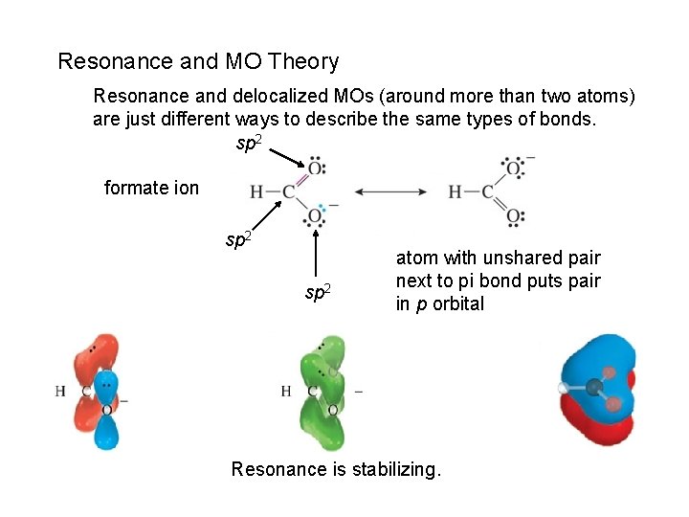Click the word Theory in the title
304,62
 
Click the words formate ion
151,188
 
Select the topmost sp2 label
249,145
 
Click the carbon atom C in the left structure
288,192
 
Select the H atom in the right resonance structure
456,192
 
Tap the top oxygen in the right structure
514,169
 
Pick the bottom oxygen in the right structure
514,216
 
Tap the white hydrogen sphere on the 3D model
565,388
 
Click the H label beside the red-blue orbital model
60,391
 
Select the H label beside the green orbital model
286,391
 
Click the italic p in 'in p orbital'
420,304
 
